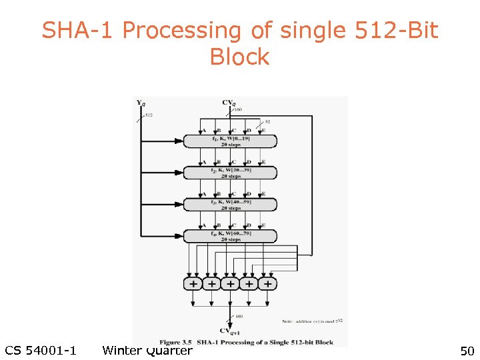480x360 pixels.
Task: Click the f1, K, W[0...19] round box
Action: (230, 141)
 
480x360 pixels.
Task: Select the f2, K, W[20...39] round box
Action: (230, 173)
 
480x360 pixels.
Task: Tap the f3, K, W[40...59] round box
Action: (230, 204)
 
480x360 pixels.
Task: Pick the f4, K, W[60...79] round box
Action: (230, 235)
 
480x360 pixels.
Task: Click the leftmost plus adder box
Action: (193, 284)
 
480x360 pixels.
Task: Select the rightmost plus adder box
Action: (267, 284)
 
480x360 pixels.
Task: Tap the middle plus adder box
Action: (230, 284)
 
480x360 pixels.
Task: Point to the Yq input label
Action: (141, 103)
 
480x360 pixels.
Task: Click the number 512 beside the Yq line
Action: (149, 115)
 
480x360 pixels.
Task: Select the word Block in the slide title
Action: (239, 57)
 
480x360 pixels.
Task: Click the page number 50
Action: (466, 351)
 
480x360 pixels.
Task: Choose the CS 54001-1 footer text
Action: (40, 351)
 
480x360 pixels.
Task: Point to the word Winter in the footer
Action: (123, 351)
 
